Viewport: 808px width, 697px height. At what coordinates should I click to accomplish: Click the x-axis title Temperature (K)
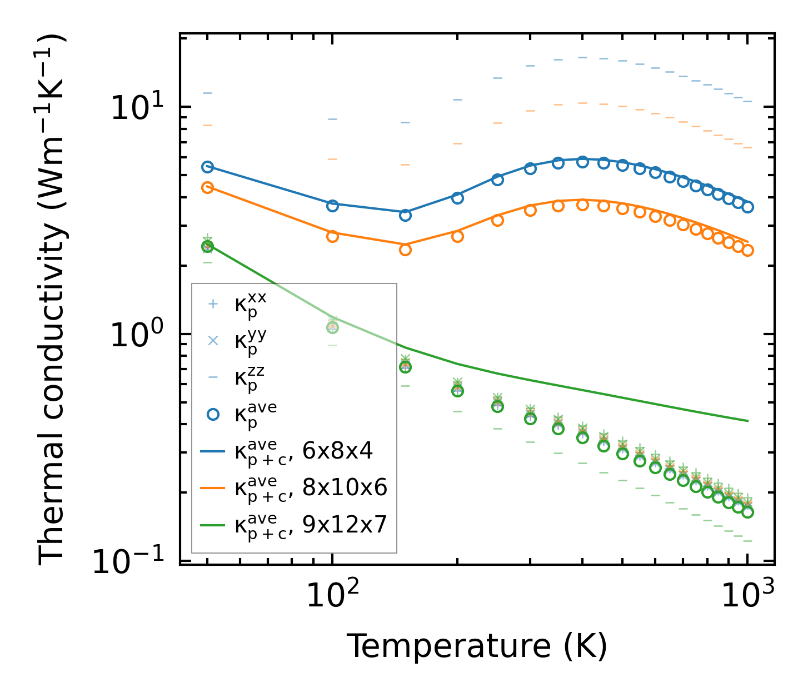(x=477, y=646)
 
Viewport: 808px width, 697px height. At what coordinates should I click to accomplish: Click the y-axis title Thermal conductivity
(x=52, y=300)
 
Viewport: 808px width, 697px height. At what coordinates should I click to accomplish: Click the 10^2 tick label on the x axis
(x=332, y=596)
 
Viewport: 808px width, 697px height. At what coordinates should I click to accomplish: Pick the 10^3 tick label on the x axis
(x=748, y=596)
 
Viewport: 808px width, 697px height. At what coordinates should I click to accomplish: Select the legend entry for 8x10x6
(x=311, y=488)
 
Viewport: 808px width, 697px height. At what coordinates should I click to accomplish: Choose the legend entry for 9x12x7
(x=311, y=525)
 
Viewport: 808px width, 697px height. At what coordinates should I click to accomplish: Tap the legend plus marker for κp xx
(x=212, y=304)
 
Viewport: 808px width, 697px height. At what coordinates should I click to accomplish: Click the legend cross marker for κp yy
(x=212, y=341)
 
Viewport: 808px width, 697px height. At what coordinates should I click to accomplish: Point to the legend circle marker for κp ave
(x=212, y=414)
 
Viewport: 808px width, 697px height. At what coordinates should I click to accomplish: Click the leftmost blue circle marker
(x=207, y=167)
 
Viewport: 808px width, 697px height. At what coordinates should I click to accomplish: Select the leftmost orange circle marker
(x=207, y=187)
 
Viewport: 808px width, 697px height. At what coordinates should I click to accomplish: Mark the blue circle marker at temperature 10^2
(x=332, y=206)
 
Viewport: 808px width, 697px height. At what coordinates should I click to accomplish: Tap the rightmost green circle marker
(x=748, y=512)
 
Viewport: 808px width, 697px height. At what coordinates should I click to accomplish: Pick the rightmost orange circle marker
(x=748, y=250)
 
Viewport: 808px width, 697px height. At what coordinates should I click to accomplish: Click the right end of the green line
(x=748, y=421)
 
